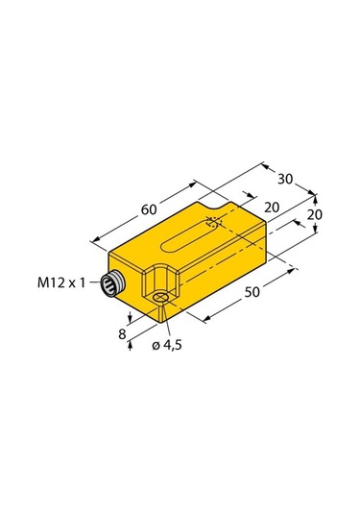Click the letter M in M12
pos(44,283)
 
